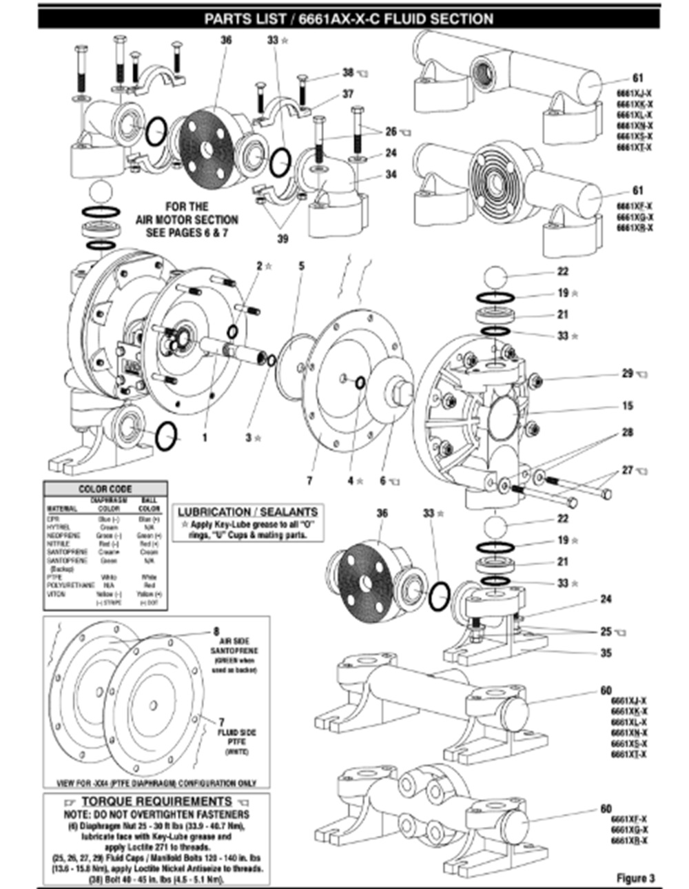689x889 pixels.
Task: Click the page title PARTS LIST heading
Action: pos(349,19)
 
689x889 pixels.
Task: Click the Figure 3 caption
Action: pos(635,877)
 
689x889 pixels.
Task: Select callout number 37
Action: pos(348,94)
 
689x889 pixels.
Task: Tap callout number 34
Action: pos(391,174)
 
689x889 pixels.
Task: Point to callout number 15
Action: pos(627,406)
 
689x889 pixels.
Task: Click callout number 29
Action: pos(627,373)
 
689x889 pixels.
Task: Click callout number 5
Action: pos(301,265)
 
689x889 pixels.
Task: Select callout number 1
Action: pos(205,437)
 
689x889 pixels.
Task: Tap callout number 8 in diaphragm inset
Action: pos(216,631)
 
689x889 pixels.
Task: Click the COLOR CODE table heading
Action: pos(105,489)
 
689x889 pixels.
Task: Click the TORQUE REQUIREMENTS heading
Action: pos(157,801)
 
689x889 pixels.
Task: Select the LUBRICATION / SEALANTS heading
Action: pos(248,512)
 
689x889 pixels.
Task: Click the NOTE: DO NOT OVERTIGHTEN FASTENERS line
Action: pos(158,814)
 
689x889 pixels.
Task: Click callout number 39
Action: pos(283,238)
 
